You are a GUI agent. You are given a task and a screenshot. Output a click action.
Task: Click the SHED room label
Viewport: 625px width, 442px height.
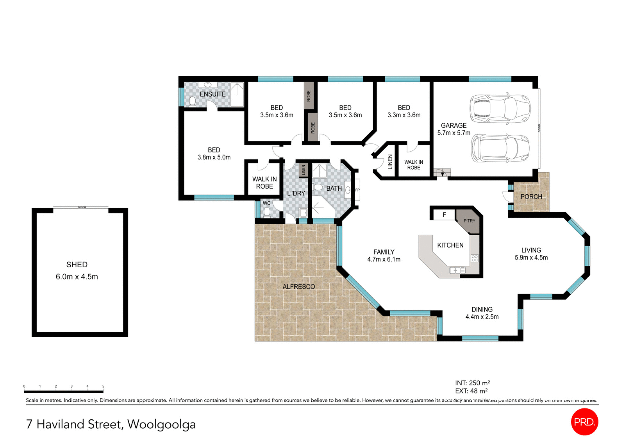(x=77, y=265)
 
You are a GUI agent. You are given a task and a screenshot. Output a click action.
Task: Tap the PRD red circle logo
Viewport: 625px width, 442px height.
(x=584, y=422)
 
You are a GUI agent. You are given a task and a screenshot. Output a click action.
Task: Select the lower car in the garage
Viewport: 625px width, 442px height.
(x=500, y=149)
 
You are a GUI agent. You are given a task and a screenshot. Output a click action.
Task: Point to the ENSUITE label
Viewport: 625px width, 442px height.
(x=212, y=94)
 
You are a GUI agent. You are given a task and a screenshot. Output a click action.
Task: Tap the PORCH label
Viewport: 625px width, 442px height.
(x=531, y=197)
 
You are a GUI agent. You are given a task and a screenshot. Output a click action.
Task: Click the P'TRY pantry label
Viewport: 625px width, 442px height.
(x=470, y=221)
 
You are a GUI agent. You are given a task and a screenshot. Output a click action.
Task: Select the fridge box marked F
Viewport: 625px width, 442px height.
(x=444, y=215)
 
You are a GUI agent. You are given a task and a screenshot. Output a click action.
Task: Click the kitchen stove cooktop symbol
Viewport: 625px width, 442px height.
(x=475, y=258)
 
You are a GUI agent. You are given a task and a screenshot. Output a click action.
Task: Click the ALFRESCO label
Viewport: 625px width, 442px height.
(x=298, y=286)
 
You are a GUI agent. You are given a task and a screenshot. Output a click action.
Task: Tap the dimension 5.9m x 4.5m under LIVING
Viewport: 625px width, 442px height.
(x=531, y=258)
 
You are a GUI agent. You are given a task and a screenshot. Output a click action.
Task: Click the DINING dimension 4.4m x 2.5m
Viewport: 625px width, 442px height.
(x=482, y=317)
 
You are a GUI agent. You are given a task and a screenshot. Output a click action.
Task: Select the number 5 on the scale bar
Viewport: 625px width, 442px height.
(x=103, y=386)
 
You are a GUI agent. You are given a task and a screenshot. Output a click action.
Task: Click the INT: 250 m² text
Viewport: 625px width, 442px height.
(x=472, y=383)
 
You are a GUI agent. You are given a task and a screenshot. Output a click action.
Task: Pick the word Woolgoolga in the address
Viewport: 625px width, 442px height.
(x=161, y=424)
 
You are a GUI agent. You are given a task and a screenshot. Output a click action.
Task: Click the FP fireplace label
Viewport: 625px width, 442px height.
(x=357, y=190)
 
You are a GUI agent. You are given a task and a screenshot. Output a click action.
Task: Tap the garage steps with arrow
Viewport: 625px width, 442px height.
(x=442, y=173)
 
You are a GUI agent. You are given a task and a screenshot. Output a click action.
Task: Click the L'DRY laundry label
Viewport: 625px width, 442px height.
(x=296, y=193)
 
